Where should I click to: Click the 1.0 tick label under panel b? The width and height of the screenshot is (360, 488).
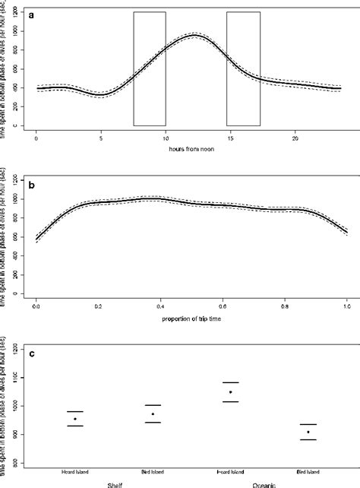click(347, 309)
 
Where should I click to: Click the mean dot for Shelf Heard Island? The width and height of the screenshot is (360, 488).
click(75, 419)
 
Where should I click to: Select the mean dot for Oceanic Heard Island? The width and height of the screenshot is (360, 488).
click(231, 392)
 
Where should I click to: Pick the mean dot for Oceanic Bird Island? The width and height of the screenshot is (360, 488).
click(308, 432)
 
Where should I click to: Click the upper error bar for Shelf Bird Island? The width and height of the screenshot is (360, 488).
click(153, 405)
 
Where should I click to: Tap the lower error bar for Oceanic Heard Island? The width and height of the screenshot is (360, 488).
click(231, 401)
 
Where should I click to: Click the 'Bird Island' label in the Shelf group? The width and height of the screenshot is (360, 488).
click(153, 471)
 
